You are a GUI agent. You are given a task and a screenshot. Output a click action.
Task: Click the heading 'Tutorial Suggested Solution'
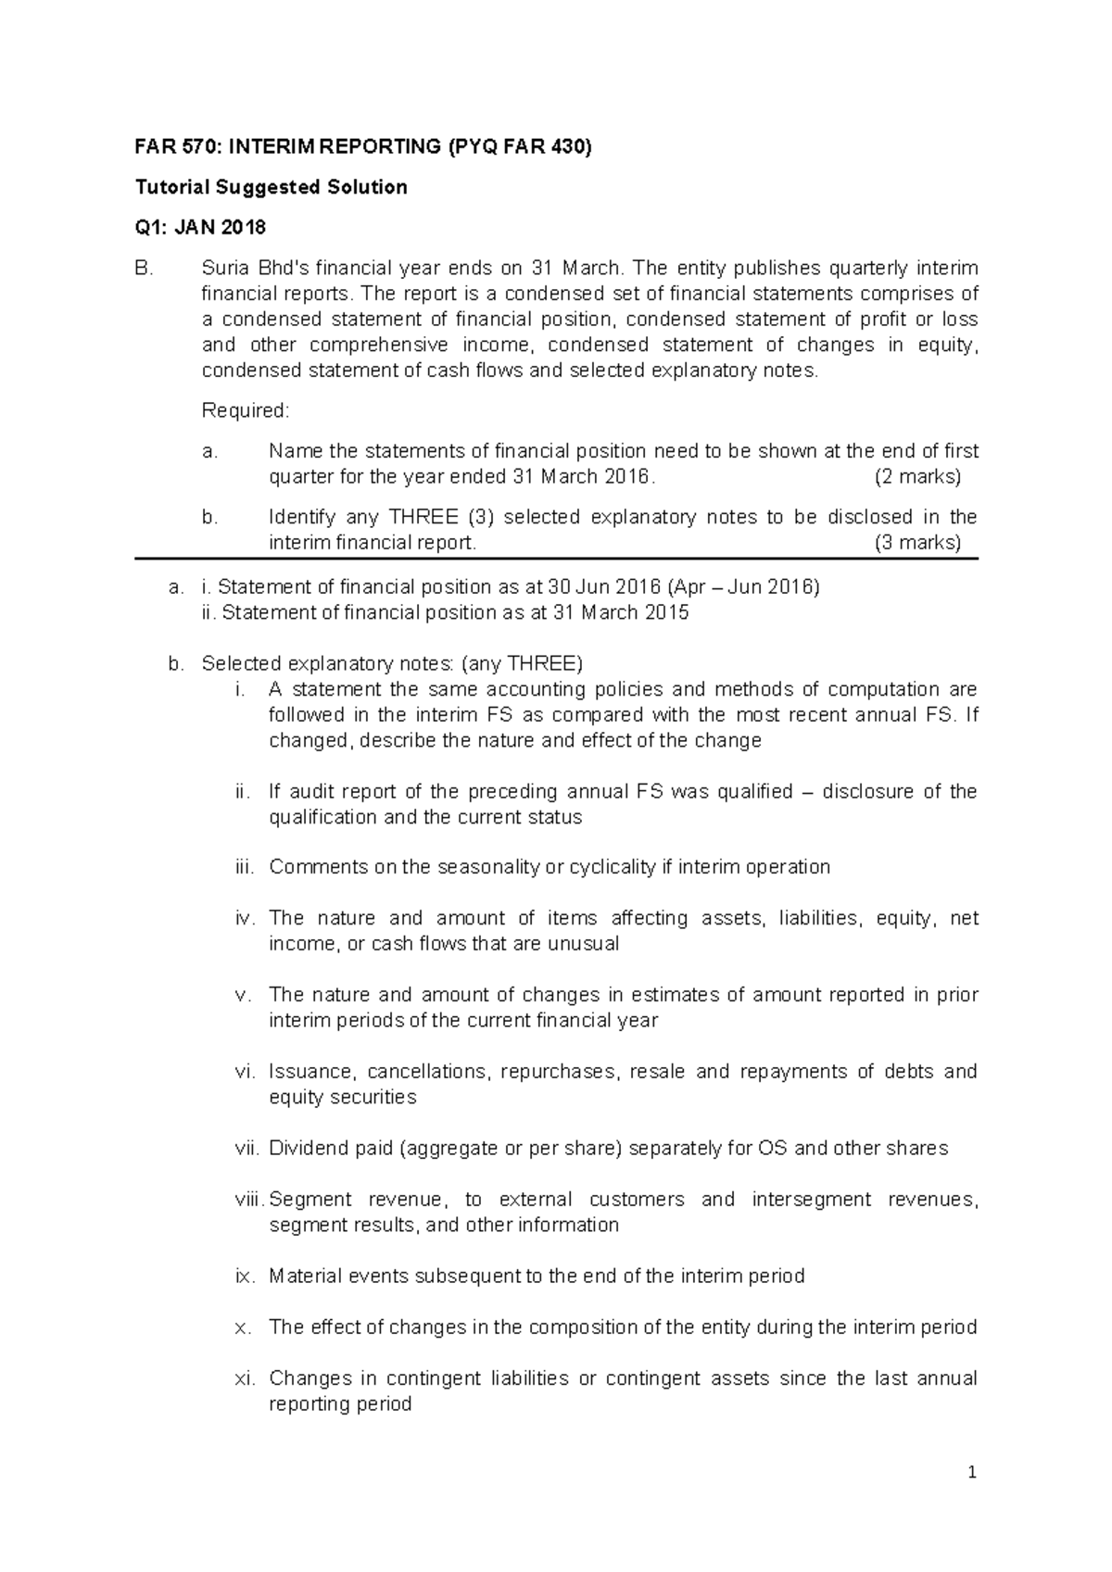(271, 187)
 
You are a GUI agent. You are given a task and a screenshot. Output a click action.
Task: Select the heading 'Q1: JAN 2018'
(200, 228)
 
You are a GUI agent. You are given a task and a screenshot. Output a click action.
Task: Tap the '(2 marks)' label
(917, 477)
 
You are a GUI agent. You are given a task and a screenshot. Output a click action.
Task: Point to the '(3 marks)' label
(917, 543)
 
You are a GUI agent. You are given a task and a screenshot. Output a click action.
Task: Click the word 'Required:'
(246, 410)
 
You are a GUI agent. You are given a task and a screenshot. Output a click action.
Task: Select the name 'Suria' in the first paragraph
(223, 269)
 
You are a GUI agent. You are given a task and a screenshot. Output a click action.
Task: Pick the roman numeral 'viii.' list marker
(249, 1200)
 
